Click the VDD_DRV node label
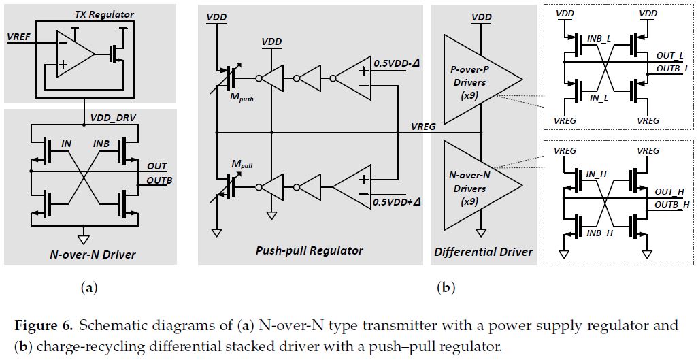point(113,118)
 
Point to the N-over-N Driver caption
point(93,255)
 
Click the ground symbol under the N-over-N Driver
point(84,239)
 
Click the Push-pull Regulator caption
point(310,250)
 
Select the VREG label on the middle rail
point(424,126)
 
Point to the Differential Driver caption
point(483,252)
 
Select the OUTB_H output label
point(672,204)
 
